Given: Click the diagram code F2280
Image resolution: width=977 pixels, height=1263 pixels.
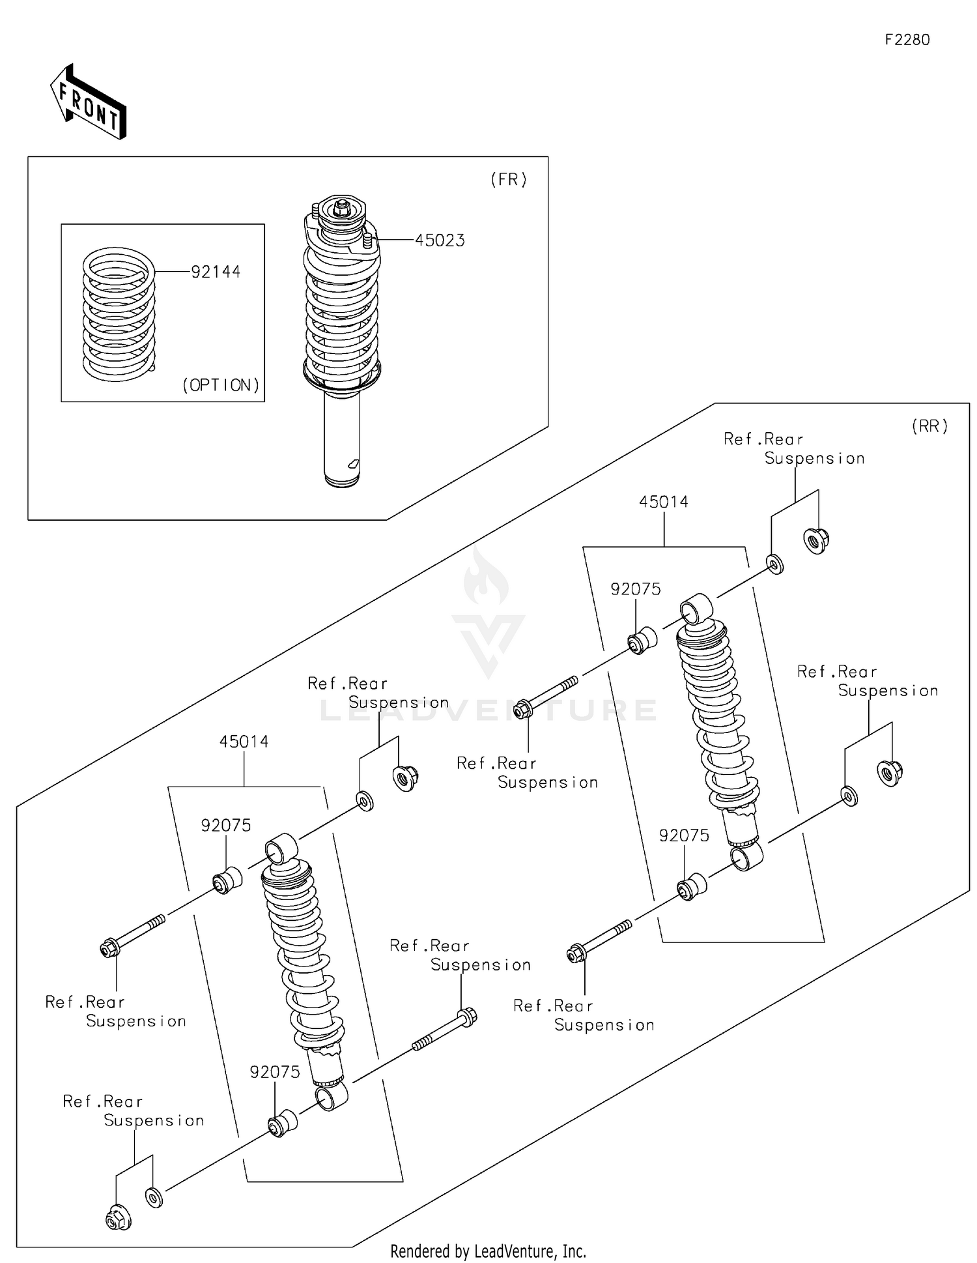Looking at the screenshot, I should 907,40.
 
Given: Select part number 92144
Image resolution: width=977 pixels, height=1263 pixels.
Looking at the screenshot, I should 216,272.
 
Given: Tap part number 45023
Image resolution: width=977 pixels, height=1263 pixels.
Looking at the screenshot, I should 440,240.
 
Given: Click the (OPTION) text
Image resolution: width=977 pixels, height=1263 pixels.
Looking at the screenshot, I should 221,385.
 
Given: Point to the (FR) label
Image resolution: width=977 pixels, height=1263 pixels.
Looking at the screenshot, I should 509,180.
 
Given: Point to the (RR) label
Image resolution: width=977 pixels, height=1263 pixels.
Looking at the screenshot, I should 929,426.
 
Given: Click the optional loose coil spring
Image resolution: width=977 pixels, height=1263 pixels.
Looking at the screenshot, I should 119,314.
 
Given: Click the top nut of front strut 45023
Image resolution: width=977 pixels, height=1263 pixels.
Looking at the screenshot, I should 341,208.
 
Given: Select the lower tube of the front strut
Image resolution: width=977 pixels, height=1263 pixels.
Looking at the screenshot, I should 342,437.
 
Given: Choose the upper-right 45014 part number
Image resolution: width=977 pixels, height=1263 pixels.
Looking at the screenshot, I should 663,502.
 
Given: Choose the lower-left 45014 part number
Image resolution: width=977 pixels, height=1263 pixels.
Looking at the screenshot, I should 244,742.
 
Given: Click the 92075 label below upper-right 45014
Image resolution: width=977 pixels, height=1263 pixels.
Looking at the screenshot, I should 635,589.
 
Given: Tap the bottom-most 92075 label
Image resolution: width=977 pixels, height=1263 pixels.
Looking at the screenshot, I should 275,1072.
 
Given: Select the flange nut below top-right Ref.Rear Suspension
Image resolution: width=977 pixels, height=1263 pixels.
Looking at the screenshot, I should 816,540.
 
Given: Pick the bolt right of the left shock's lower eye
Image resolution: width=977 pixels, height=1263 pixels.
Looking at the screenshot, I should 445,1030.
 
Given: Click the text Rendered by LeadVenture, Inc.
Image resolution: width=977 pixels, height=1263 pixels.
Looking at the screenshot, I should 488,1251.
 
